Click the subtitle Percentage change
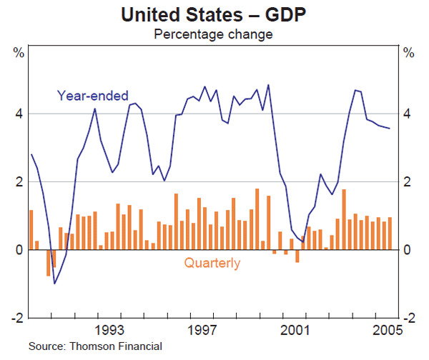pyautogui.click(x=214, y=34)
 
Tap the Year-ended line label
pyautogui.click(x=93, y=95)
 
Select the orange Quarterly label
pyautogui.click(x=212, y=263)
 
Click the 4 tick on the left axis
pyautogui.click(x=19, y=114)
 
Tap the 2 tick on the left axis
pyautogui.click(x=19, y=181)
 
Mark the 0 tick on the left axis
pyautogui.click(x=19, y=249)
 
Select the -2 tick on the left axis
pyautogui.click(x=16, y=317)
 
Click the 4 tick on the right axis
pyautogui.click(x=408, y=114)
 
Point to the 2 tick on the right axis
pyautogui.click(x=408, y=181)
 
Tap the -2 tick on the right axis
pyautogui.click(x=410, y=317)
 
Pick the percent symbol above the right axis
pyautogui.click(x=409, y=52)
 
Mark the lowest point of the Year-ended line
pyautogui.click(x=54, y=284)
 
